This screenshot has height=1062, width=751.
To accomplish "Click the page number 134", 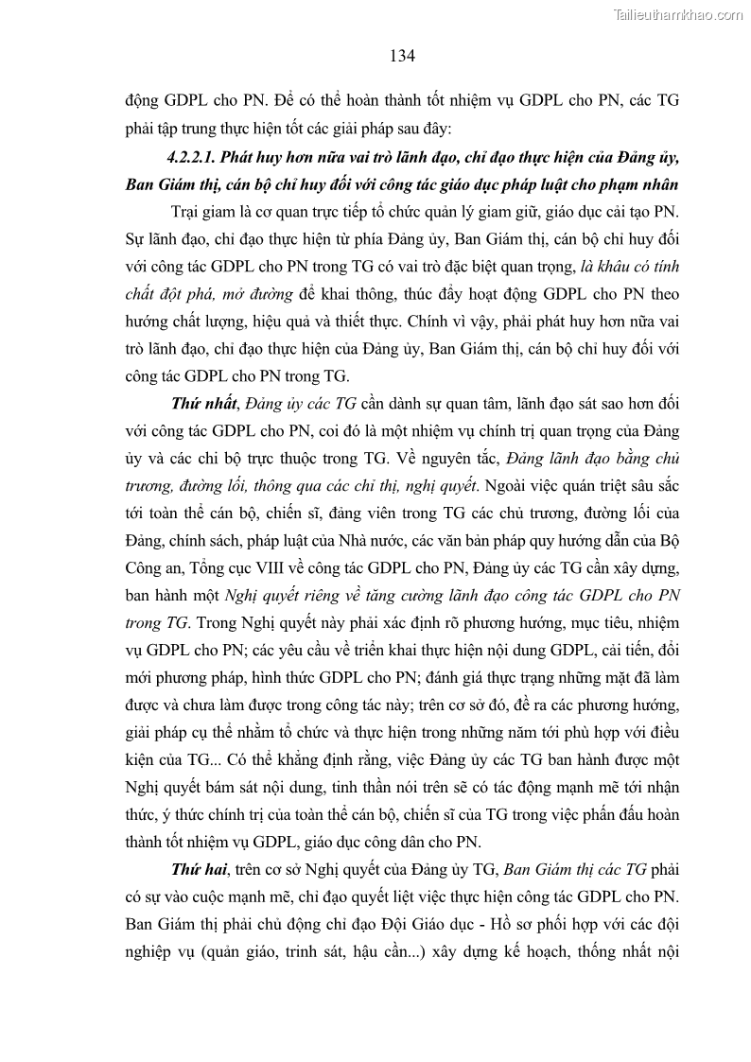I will tap(402, 56).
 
